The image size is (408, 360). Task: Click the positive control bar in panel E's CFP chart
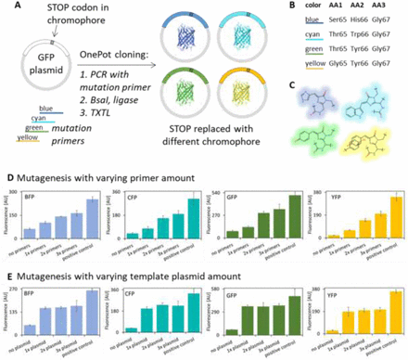[x=191, y=312]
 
